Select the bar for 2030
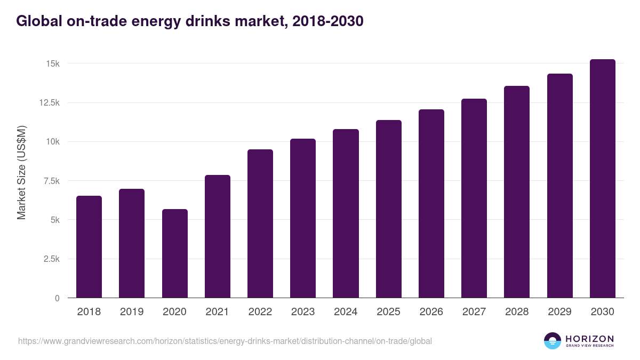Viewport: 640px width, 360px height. coord(602,179)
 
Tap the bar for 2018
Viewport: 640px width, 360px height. coord(89,247)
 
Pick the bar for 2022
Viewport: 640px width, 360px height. coord(260,223)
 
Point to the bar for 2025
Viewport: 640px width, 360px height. coord(388,209)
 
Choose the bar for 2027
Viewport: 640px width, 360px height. coord(474,198)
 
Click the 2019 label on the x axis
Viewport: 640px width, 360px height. coord(132,312)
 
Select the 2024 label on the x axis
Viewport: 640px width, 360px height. coord(346,312)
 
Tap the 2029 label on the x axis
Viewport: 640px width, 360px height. coord(559,312)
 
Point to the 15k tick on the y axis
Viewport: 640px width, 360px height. coord(53,63)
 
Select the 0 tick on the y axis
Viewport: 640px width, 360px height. coord(57,298)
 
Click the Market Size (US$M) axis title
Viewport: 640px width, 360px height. coord(21,172)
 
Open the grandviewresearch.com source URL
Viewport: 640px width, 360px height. coord(225,341)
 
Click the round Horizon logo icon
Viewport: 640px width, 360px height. coord(553,341)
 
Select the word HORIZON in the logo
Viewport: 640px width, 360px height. coord(589,339)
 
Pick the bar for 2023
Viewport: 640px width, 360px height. coord(303,218)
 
